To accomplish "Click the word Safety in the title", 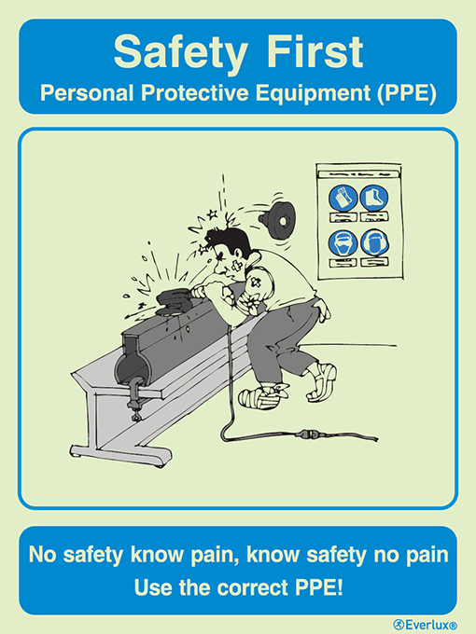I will tap(173, 53).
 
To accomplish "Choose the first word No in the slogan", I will tap(41, 556).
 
